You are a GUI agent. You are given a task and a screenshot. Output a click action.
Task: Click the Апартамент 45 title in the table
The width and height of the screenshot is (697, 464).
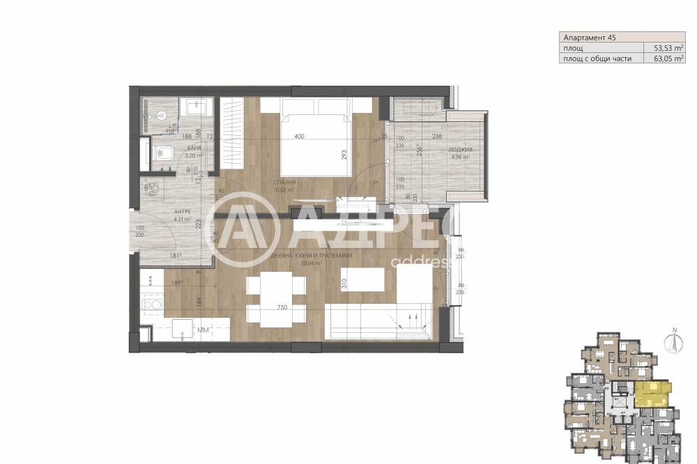point(589,37)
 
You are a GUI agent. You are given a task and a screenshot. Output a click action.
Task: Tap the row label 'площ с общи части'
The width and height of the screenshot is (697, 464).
point(598,59)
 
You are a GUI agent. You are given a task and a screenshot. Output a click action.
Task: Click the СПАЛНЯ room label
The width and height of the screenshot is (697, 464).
point(285,183)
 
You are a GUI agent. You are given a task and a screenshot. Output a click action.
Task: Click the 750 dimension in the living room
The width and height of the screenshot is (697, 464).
point(282,307)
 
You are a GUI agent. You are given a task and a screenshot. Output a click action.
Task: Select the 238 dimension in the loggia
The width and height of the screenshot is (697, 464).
point(437,137)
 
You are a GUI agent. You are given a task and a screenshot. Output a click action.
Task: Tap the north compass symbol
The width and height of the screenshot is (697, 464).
point(674,341)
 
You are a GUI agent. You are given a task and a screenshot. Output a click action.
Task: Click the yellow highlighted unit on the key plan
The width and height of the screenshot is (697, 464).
point(651,394)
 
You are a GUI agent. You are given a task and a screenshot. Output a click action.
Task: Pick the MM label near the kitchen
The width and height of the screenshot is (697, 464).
point(204,330)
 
